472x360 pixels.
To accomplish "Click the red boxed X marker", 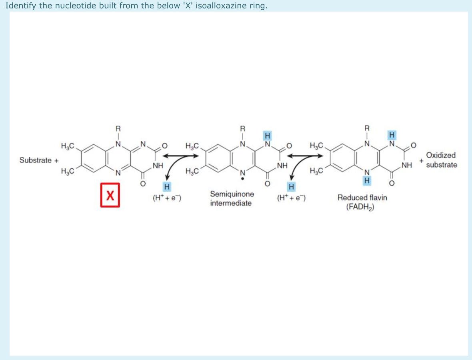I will point(110,195).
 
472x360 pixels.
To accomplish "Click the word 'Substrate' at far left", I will point(36,160).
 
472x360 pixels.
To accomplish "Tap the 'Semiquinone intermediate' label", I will point(232,198).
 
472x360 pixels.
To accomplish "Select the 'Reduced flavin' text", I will point(362,197).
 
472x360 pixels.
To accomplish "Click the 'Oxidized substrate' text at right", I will point(441,160).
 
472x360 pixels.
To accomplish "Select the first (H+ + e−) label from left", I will point(167,197).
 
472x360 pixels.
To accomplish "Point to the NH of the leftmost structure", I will point(157,165).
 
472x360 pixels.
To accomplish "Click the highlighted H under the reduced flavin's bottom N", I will point(366,181).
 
